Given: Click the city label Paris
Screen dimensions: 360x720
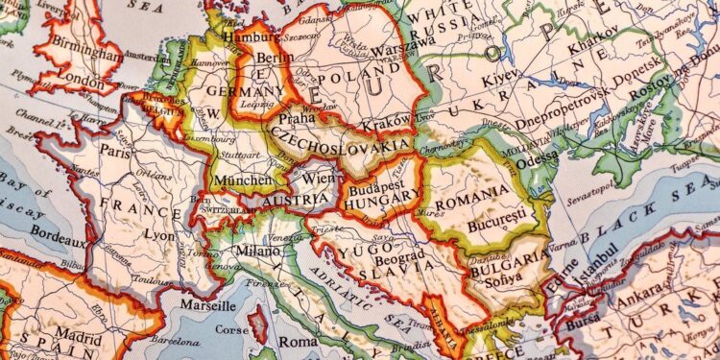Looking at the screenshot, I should (x=116, y=152).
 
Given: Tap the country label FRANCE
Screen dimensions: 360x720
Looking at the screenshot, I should (x=134, y=205).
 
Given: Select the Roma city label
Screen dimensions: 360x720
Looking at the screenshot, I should (x=298, y=342).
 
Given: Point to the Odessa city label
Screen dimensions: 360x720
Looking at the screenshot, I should (x=536, y=162).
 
